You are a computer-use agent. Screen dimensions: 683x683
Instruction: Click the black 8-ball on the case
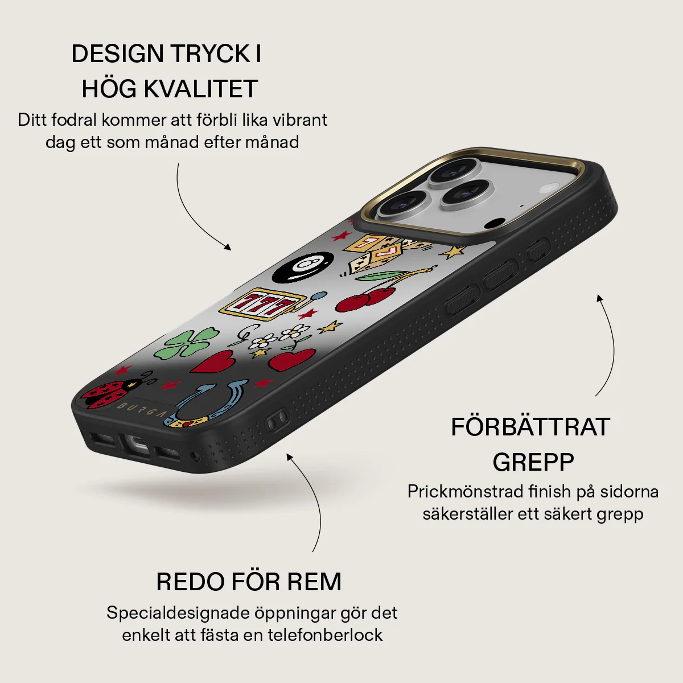tap(303, 267)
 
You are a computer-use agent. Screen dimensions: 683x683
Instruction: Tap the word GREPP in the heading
tap(533, 462)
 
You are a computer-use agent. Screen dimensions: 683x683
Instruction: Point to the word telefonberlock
tap(325, 635)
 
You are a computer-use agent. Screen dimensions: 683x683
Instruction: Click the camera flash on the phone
tap(548, 189)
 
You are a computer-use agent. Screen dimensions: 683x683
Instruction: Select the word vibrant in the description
tap(299, 120)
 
